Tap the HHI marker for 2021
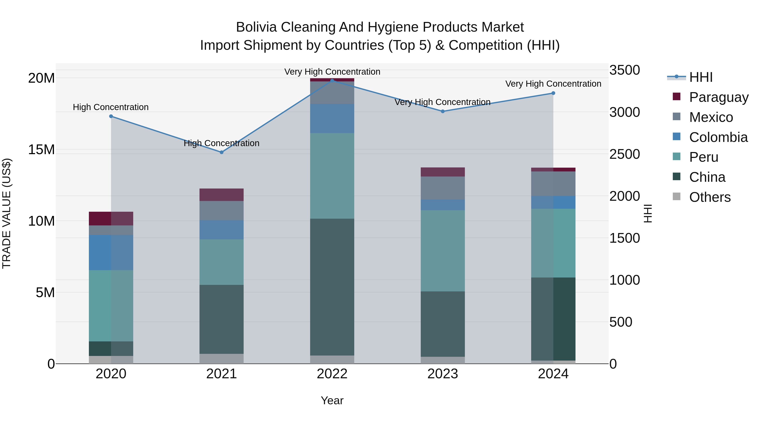coord(222,152)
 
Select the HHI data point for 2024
coord(553,93)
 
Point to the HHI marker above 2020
coord(111,116)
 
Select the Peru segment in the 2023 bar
coord(442,251)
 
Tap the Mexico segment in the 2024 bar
coord(553,184)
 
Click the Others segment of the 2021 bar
coord(222,359)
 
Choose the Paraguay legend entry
coord(719,97)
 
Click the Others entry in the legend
coord(710,197)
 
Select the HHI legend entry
coord(701,77)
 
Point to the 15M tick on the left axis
coord(41,150)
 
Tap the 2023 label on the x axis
coord(442,374)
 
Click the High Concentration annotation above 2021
coord(222,143)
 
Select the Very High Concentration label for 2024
coord(553,84)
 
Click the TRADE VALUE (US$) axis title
coord(7,213)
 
